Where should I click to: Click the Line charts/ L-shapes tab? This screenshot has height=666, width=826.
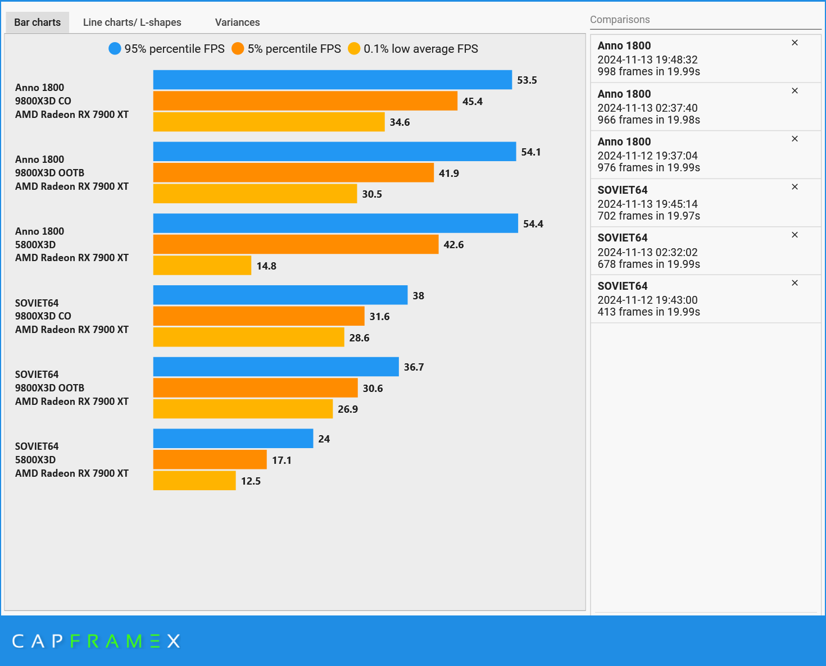pyautogui.click(x=132, y=22)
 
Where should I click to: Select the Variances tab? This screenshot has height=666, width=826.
pyautogui.click(x=237, y=22)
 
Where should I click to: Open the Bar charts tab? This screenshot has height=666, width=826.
pyautogui.click(x=37, y=22)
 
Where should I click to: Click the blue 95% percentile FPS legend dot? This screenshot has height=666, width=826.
pyautogui.click(x=115, y=49)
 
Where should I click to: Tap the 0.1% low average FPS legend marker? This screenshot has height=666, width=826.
pyautogui.click(x=354, y=49)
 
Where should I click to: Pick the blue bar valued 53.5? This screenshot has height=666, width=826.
pyautogui.click(x=332, y=80)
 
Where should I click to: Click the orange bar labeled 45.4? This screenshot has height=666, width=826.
pyautogui.click(x=305, y=101)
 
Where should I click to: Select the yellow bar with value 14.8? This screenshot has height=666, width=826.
pyautogui.click(x=202, y=266)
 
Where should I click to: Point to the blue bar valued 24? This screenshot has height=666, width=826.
pyautogui.click(x=233, y=439)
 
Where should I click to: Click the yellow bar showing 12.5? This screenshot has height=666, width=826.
pyautogui.click(x=194, y=481)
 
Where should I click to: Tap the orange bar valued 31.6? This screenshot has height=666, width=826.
pyautogui.click(x=258, y=316)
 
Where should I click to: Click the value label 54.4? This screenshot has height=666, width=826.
pyautogui.click(x=533, y=224)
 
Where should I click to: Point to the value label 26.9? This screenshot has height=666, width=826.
pyautogui.click(x=348, y=409)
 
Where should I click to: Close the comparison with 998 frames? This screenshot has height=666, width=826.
pyautogui.click(x=795, y=43)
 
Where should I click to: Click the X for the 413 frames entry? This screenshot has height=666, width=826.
pyautogui.click(x=795, y=283)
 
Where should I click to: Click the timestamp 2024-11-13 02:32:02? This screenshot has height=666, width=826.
pyautogui.click(x=647, y=252)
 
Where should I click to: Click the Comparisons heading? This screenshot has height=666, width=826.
pyautogui.click(x=620, y=20)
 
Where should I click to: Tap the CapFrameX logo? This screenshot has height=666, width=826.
pyautogui.click(x=96, y=641)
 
